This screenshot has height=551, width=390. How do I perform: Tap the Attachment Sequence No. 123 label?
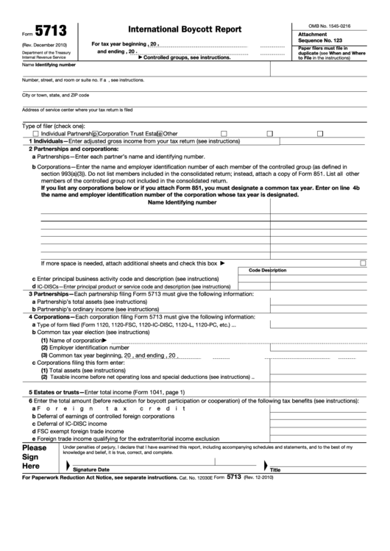pyautogui.click(x=323, y=38)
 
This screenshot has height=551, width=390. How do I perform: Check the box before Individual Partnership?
pyautogui.click(x=35, y=133)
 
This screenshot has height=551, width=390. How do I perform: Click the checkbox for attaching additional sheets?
pyautogui.click(x=363, y=263)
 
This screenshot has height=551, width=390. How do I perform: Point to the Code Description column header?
pyautogui.click(x=267, y=271)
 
